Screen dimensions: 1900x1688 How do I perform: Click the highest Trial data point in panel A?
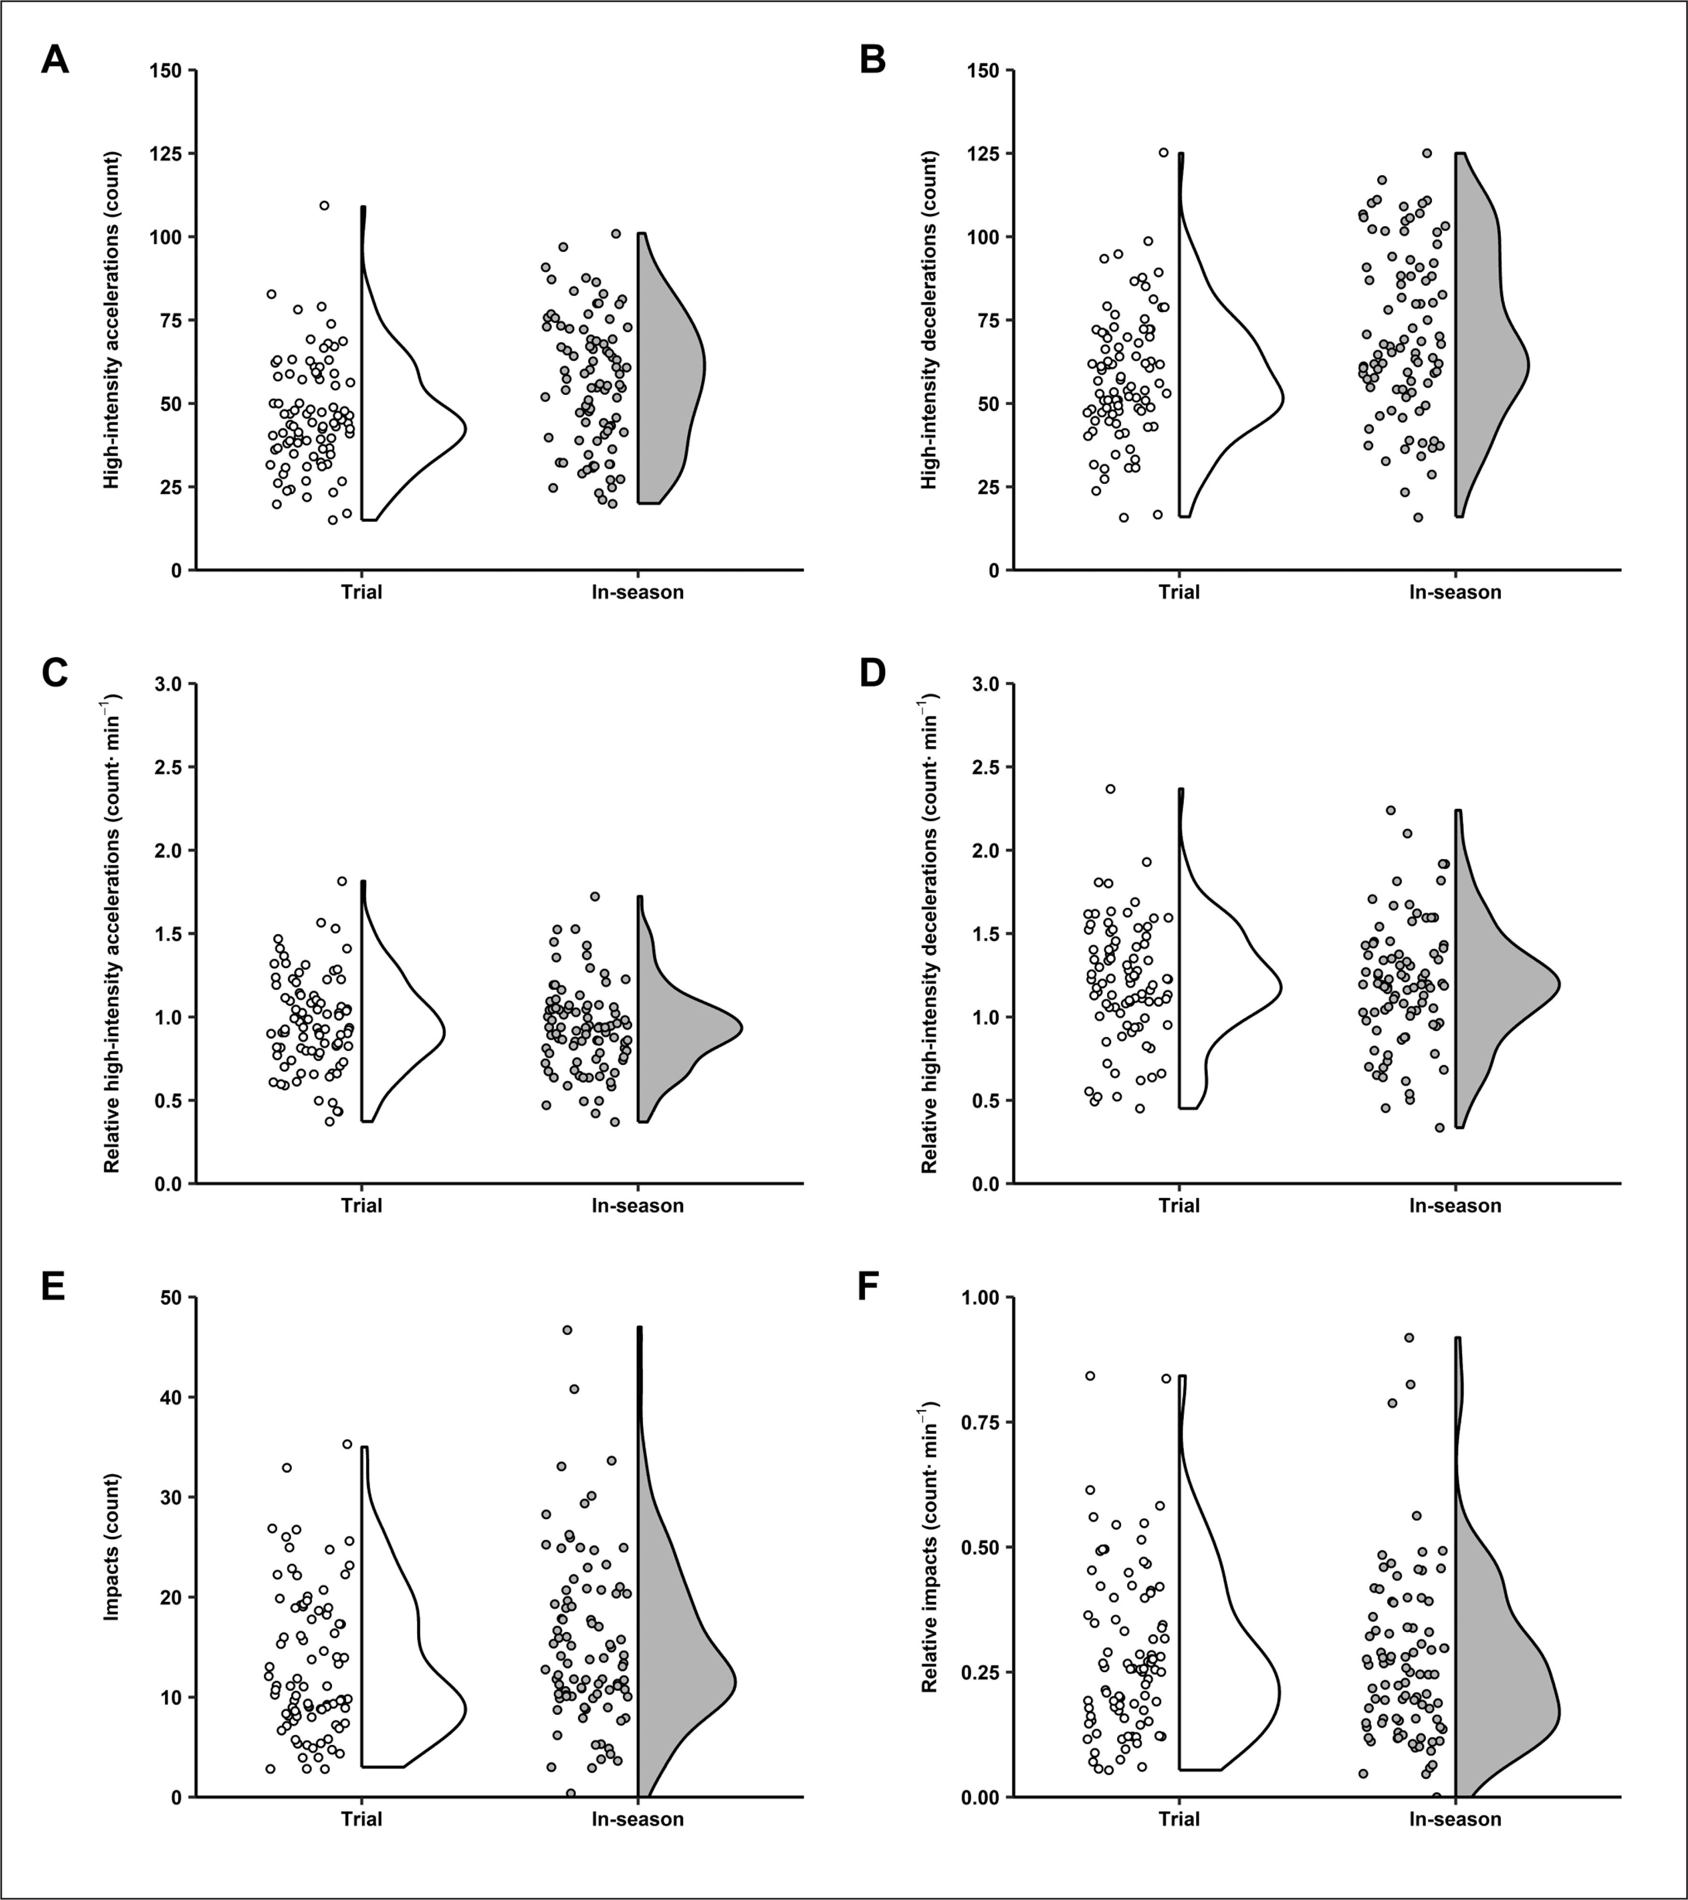click(x=324, y=205)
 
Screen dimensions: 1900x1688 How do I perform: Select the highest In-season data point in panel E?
click(x=567, y=1330)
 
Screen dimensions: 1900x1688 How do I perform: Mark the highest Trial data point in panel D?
click(x=1110, y=789)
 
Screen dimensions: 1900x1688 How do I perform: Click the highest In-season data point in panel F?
click(x=1409, y=1338)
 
